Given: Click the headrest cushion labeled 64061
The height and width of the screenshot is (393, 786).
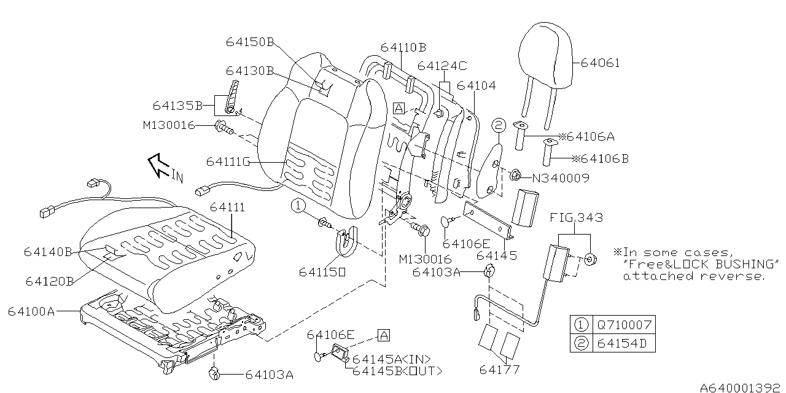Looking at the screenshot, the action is point(546,55).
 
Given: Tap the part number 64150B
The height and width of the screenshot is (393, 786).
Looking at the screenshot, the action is point(250,42).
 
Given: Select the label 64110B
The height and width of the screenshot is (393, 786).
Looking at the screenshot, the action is point(403,47).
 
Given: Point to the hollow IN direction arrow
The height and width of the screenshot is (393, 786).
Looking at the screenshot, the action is point(158,165).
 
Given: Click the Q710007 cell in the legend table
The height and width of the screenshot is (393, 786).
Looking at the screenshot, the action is point(625,325).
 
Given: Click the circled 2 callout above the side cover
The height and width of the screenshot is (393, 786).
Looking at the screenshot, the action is point(499,125).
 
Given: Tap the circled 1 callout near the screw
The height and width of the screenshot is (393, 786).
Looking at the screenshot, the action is point(298,206).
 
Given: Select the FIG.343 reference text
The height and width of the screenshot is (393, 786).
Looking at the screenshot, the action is point(576,217).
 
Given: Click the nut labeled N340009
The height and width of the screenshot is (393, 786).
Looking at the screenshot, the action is point(515,174).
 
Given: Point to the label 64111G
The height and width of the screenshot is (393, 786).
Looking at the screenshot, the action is point(228,161).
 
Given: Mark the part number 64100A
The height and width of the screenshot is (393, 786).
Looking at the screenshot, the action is point(31,311).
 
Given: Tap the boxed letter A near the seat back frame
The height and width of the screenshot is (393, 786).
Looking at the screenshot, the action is point(399,108).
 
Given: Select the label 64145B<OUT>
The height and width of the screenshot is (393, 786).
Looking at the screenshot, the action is point(397,371).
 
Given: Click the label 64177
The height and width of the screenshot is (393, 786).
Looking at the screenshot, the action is point(499,370).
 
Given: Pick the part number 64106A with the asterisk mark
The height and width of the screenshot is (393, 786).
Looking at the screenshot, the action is point(586,136).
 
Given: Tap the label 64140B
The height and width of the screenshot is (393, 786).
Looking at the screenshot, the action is point(48,252).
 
